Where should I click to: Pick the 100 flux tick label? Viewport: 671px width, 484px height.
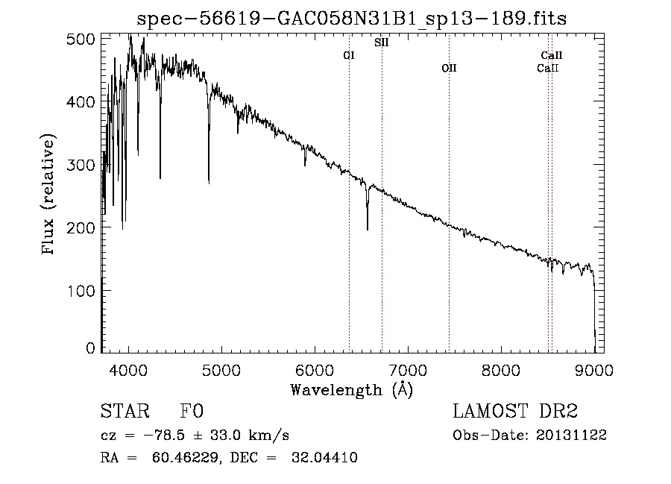tap(86, 290)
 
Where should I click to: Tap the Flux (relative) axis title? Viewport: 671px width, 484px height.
tap(50, 195)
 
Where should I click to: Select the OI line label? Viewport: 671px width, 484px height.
tap(349, 55)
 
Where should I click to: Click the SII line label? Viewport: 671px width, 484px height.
tap(381, 43)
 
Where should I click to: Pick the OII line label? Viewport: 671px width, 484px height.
tap(449, 68)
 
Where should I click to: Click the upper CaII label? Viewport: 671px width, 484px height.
tap(552, 55)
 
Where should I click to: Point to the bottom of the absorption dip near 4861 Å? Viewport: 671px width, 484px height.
tap(209, 181)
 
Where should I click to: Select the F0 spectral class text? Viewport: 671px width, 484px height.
tap(192, 412)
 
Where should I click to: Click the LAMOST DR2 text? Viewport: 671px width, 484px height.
tap(515, 412)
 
